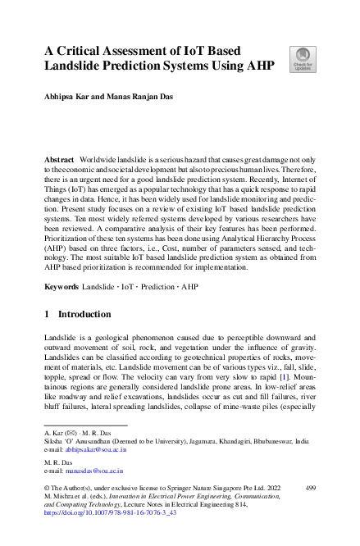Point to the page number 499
[310, 488]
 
